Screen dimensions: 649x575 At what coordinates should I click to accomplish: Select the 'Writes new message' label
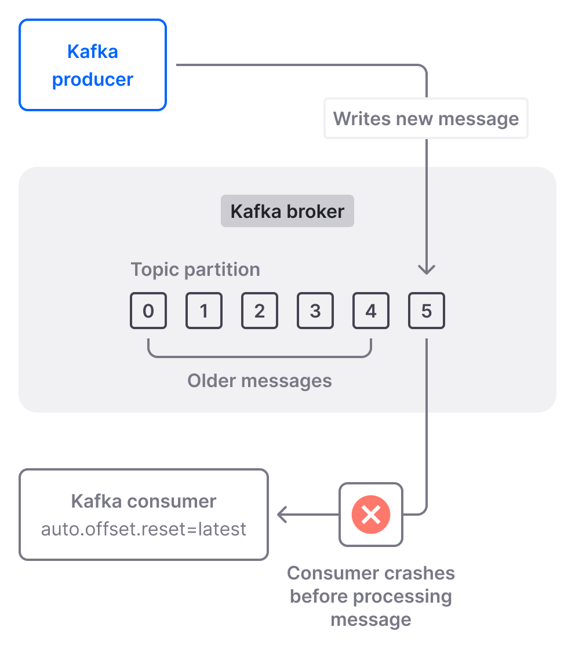coord(426,119)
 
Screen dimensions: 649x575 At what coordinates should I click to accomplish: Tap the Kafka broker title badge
coord(287,211)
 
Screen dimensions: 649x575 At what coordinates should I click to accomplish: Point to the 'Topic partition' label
coord(195,269)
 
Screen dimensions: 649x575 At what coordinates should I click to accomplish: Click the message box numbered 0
coord(148,311)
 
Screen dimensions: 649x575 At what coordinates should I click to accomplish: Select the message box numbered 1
coord(204,311)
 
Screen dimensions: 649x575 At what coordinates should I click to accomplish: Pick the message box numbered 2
coord(260,311)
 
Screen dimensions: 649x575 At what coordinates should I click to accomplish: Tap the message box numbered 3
coord(315,311)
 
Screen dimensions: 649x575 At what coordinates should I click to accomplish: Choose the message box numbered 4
coord(371,311)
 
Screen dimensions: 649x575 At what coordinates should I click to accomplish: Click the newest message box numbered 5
coord(427,311)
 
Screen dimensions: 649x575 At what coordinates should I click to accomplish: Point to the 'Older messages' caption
coord(260,381)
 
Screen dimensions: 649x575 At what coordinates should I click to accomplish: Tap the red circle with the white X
coord(371,514)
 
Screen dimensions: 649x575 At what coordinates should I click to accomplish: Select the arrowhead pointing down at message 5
coord(427,269)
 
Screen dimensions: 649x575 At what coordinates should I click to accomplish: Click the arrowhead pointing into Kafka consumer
coord(282,514)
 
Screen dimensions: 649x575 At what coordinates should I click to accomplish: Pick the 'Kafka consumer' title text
coord(144,501)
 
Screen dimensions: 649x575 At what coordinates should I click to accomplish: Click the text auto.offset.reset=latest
coord(144,529)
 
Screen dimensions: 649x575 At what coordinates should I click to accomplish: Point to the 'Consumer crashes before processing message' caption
coord(371,596)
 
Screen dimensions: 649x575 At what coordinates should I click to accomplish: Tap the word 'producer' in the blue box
coord(93,79)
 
